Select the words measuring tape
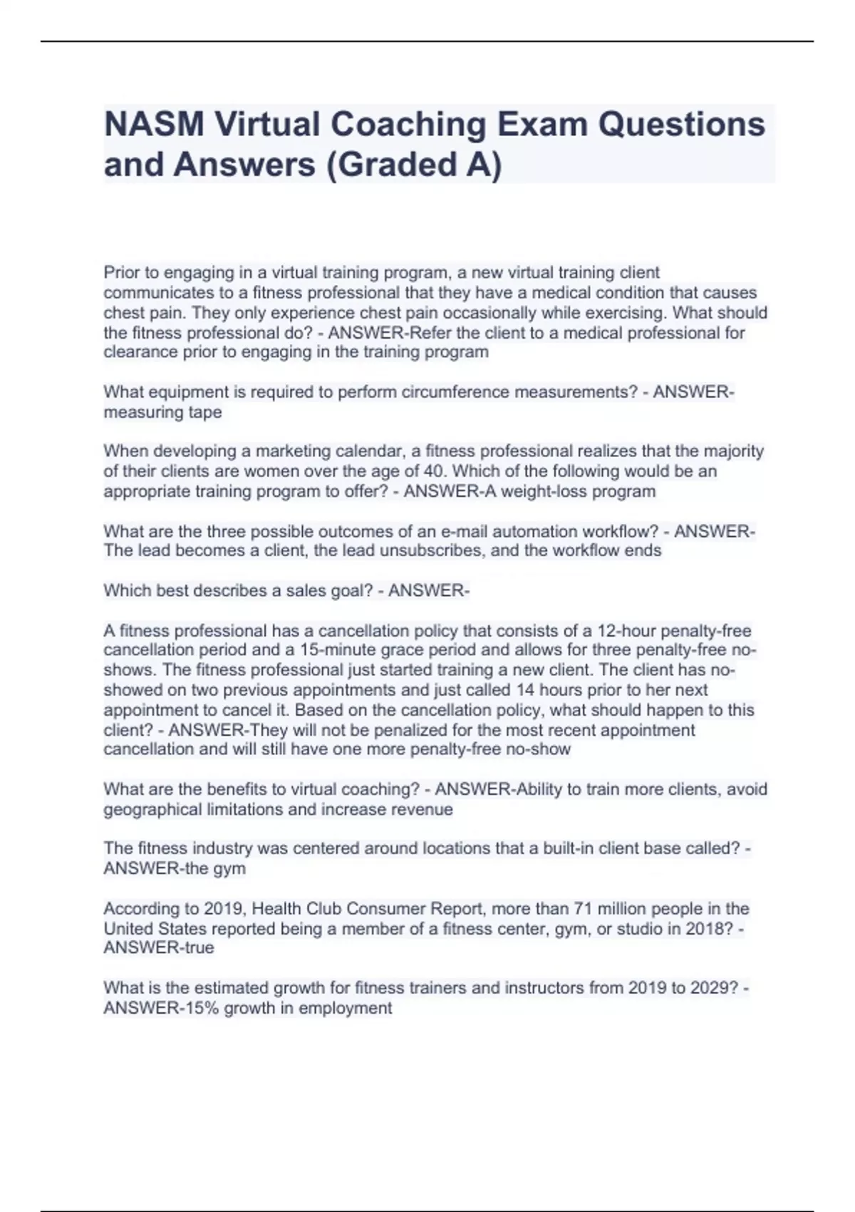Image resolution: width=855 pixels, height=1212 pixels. coord(162,412)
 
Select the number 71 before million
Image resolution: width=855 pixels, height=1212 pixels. coord(583,909)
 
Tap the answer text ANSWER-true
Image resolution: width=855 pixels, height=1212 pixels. coord(159,948)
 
